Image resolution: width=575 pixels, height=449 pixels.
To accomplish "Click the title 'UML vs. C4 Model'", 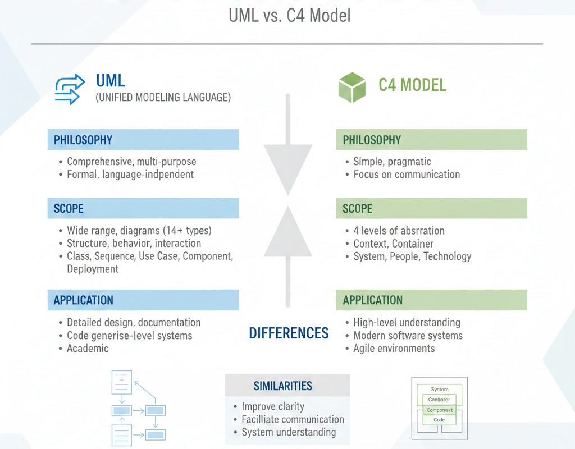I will pyautogui.click(x=289, y=15).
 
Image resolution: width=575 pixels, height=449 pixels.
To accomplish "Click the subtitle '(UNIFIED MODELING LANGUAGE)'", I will pyautogui.click(x=163, y=97).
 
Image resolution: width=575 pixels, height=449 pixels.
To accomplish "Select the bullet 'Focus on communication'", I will pyautogui.click(x=407, y=175).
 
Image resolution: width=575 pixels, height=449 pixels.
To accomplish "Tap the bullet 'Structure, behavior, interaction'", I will pyautogui.click(x=134, y=243).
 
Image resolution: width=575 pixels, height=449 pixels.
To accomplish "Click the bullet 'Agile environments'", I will pyautogui.click(x=394, y=349).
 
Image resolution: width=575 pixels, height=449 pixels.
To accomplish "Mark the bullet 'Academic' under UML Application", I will pyautogui.click(x=88, y=349).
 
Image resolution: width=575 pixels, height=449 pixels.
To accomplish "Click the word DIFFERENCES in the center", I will pyautogui.click(x=289, y=333).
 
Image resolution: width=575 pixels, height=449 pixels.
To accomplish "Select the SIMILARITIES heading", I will pyautogui.click(x=282, y=386).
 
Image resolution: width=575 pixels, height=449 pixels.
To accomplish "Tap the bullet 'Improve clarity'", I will pyautogui.click(x=273, y=406).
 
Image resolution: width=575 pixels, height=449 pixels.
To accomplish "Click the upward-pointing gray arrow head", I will pyautogui.click(x=288, y=233).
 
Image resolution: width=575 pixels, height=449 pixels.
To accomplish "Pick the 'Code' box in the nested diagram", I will pyautogui.click(x=439, y=420).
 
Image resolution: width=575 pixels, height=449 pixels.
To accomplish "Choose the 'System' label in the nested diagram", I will pyautogui.click(x=440, y=389).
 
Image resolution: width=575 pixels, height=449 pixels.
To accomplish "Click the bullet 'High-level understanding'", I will pyautogui.click(x=407, y=323).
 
